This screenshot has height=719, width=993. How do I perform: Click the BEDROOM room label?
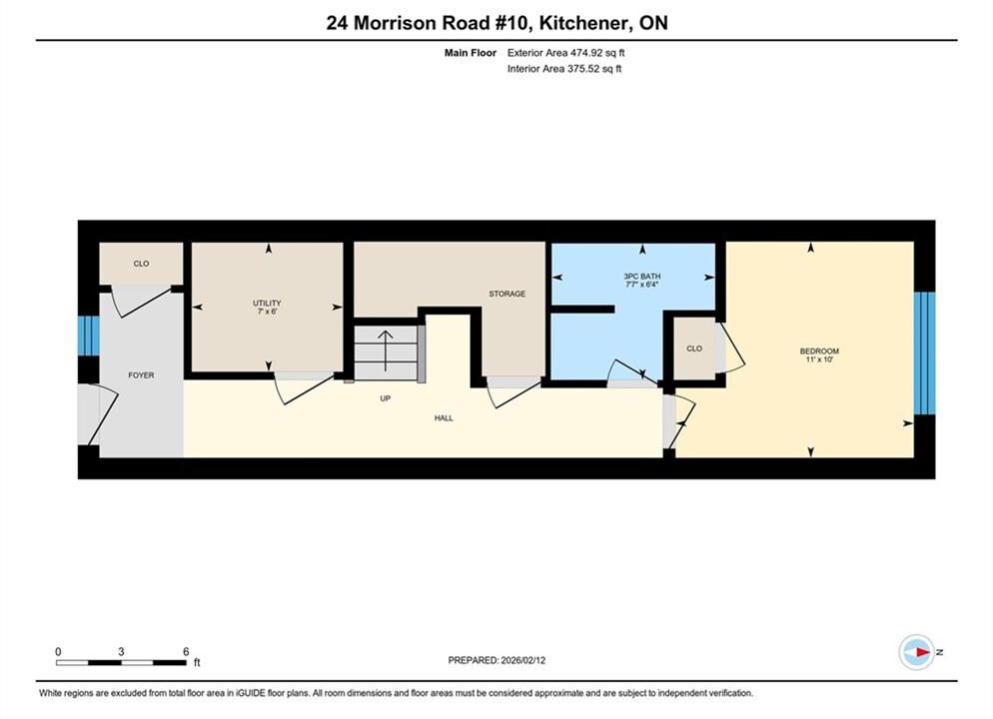click(819, 351)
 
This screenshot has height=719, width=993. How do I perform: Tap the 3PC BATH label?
click(642, 277)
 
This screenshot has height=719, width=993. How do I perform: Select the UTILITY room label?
click(267, 304)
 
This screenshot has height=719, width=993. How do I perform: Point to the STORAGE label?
click(506, 294)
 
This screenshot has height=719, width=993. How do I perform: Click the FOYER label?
click(141, 375)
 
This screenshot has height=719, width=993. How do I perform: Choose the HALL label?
click(444, 417)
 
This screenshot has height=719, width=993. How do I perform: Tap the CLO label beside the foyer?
click(141, 264)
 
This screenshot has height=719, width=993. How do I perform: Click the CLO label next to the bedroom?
click(694, 349)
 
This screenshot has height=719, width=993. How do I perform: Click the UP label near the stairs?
click(385, 398)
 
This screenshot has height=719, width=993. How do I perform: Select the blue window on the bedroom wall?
click(924, 354)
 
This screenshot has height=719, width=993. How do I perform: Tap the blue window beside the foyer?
click(89, 337)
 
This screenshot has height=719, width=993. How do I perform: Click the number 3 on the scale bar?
click(120, 652)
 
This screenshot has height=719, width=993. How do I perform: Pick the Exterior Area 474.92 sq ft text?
click(565, 53)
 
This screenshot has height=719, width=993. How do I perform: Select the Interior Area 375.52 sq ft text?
click(564, 69)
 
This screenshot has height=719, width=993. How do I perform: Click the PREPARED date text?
click(496, 660)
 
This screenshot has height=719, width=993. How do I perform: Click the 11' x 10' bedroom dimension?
click(819, 359)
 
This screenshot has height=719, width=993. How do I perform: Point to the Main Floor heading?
click(470, 53)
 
